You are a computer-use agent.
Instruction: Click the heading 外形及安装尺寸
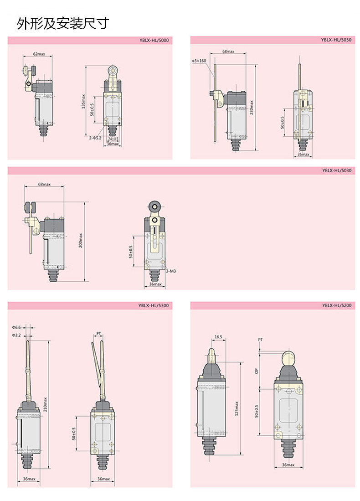click(x=63, y=23)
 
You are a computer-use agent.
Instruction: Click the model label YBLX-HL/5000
click(x=154, y=40)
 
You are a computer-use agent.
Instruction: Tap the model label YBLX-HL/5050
click(x=336, y=40)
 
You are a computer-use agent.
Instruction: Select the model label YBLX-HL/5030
click(x=337, y=170)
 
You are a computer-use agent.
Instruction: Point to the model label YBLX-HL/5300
click(x=154, y=305)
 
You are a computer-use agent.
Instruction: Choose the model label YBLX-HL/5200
click(x=337, y=305)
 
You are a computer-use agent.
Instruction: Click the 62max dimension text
click(x=39, y=54)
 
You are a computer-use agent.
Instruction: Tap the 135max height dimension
click(x=83, y=101)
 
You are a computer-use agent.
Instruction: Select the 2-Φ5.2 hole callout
click(x=95, y=138)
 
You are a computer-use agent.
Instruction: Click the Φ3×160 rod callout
click(x=199, y=61)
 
